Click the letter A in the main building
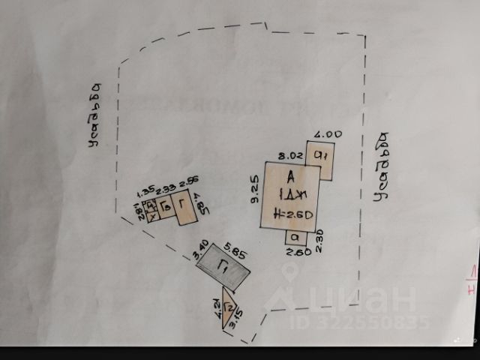click(x=289, y=177)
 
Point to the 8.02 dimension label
click(x=289, y=156)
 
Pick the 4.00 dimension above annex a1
click(x=327, y=135)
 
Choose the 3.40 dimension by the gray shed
click(x=200, y=250)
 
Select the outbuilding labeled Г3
click(x=167, y=206)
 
